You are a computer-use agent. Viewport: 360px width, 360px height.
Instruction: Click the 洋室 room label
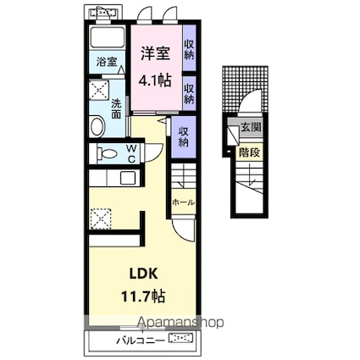(155, 53)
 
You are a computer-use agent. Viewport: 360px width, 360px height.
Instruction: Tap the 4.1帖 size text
(154, 81)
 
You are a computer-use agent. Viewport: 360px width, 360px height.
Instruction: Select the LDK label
(143, 274)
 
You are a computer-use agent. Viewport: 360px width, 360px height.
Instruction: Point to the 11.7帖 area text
(143, 296)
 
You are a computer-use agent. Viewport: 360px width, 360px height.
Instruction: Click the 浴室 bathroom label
(107, 62)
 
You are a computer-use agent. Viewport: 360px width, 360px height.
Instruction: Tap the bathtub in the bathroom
(107, 37)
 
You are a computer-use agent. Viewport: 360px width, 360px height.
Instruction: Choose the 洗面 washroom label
(116, 108)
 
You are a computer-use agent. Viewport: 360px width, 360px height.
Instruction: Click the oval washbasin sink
(97, 126)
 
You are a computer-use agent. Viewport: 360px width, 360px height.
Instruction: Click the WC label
(131, 154)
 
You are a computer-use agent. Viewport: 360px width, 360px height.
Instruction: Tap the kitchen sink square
(128, 178)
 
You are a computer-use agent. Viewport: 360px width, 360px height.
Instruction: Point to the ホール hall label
(183, 202)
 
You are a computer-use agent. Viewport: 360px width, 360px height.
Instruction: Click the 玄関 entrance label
(251, 128)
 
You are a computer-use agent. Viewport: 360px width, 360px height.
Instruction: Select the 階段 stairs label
(249, 152)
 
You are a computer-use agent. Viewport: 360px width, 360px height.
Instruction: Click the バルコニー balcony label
(141, 341)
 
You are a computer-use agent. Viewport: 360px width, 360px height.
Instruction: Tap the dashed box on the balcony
(181, 338)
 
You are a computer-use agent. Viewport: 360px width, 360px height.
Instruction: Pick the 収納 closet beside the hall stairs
(184, 136)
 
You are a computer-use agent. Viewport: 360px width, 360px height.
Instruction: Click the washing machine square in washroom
(99, 90)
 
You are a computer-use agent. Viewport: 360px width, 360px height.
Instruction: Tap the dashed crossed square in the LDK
(101, 219)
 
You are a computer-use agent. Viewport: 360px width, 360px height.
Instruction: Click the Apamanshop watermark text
(180, 323)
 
